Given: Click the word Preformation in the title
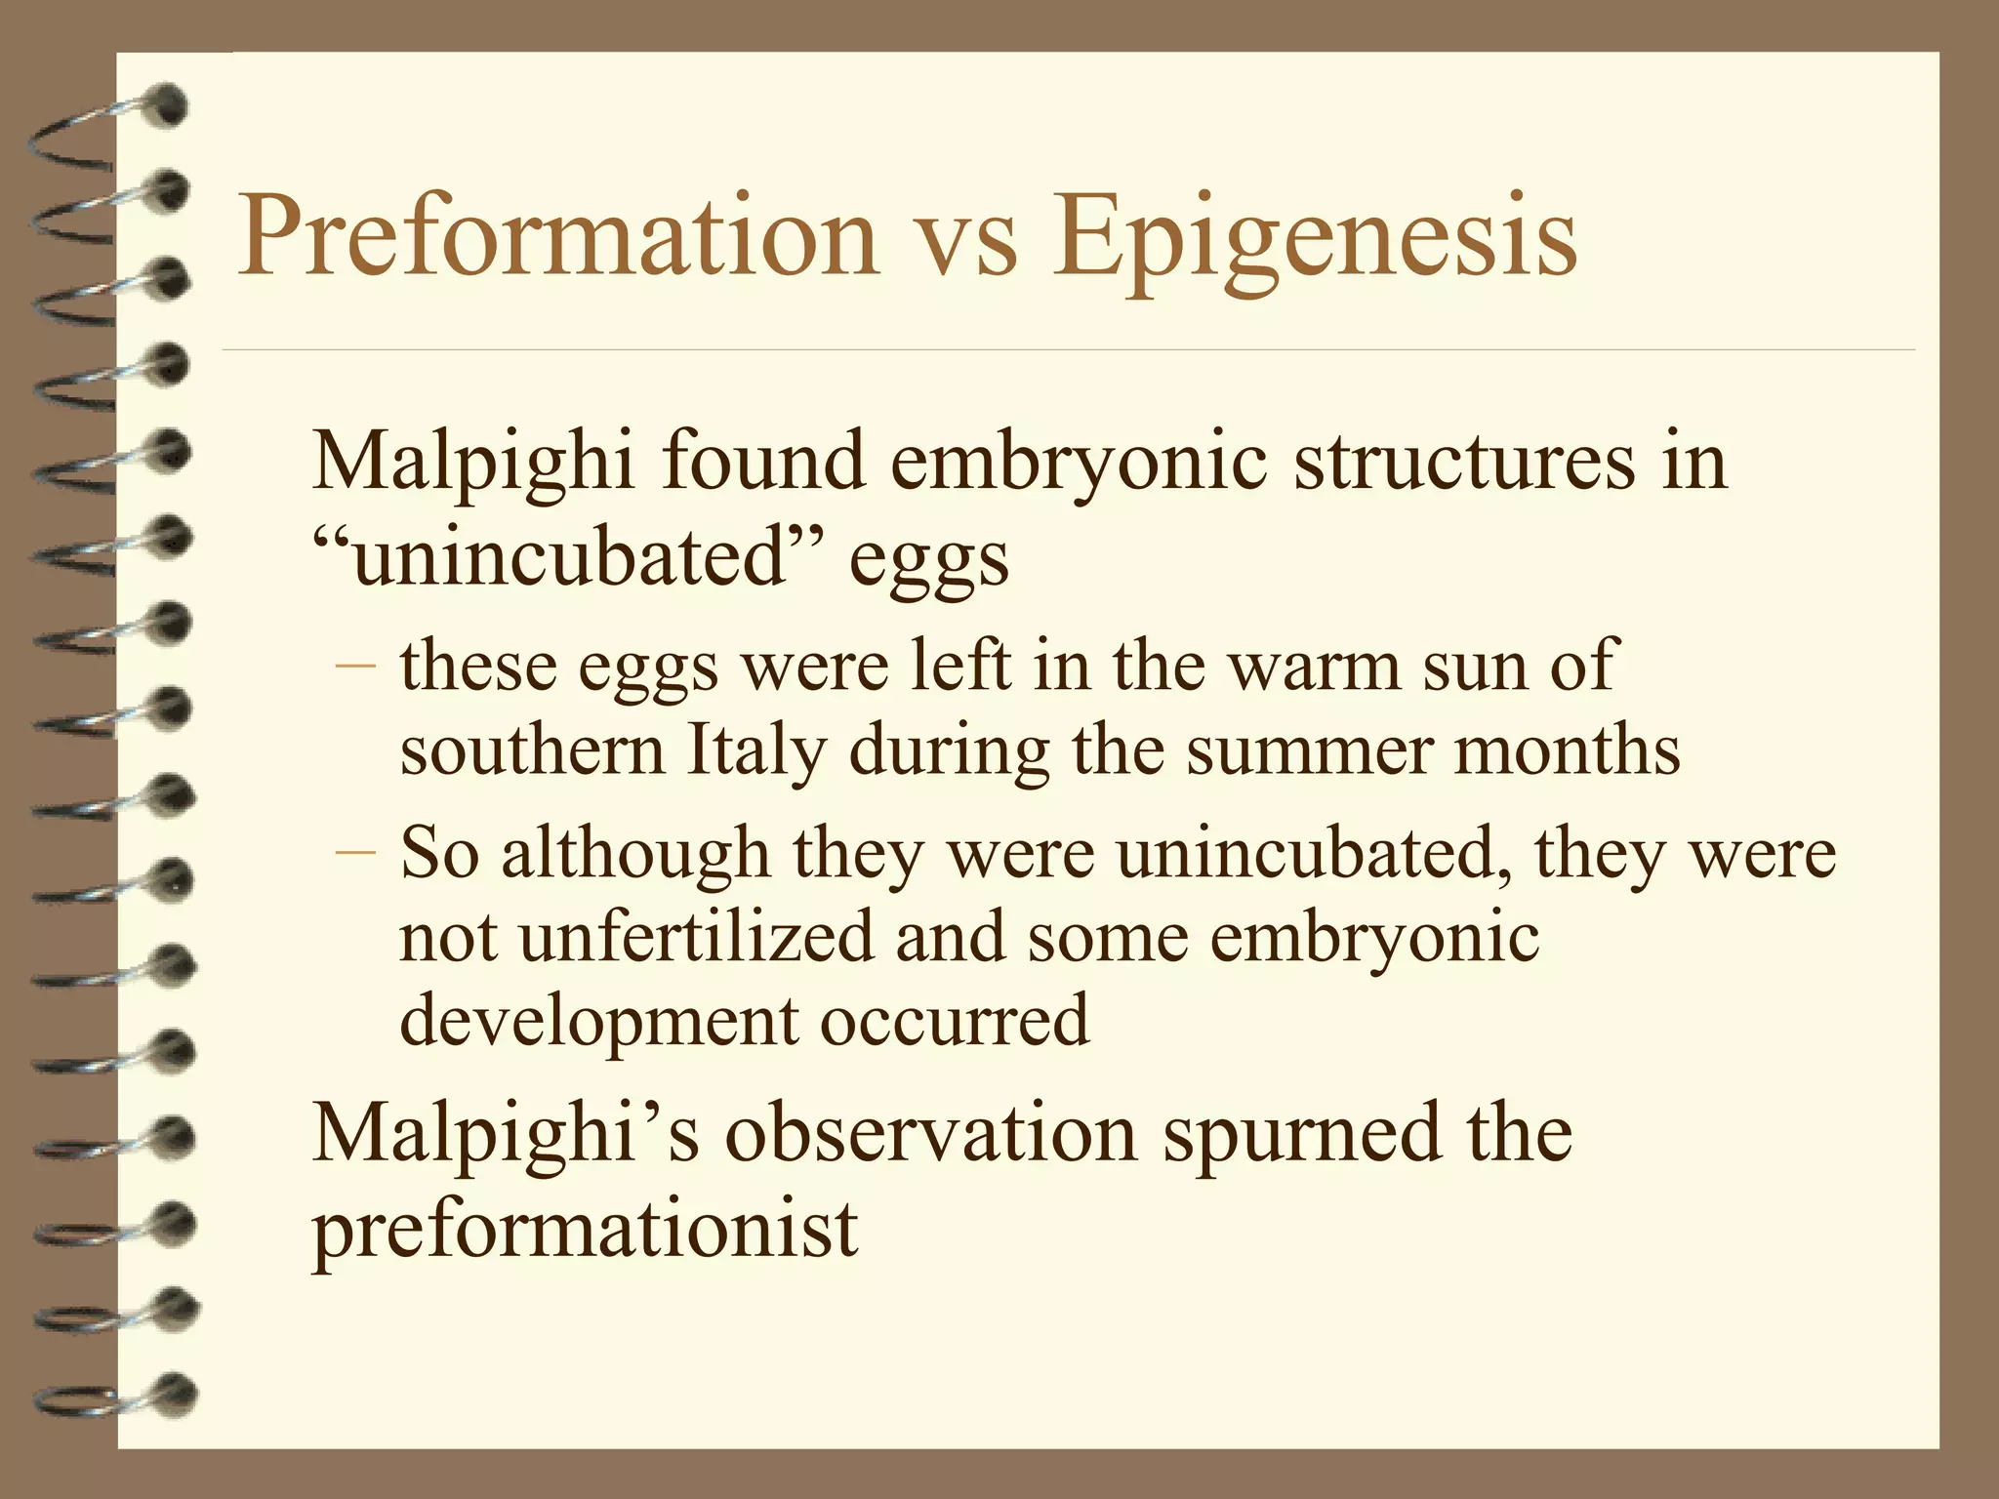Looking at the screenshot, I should point(558,237).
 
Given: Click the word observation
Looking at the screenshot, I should point(931,1134).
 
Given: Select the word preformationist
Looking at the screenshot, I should point(585,1229).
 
